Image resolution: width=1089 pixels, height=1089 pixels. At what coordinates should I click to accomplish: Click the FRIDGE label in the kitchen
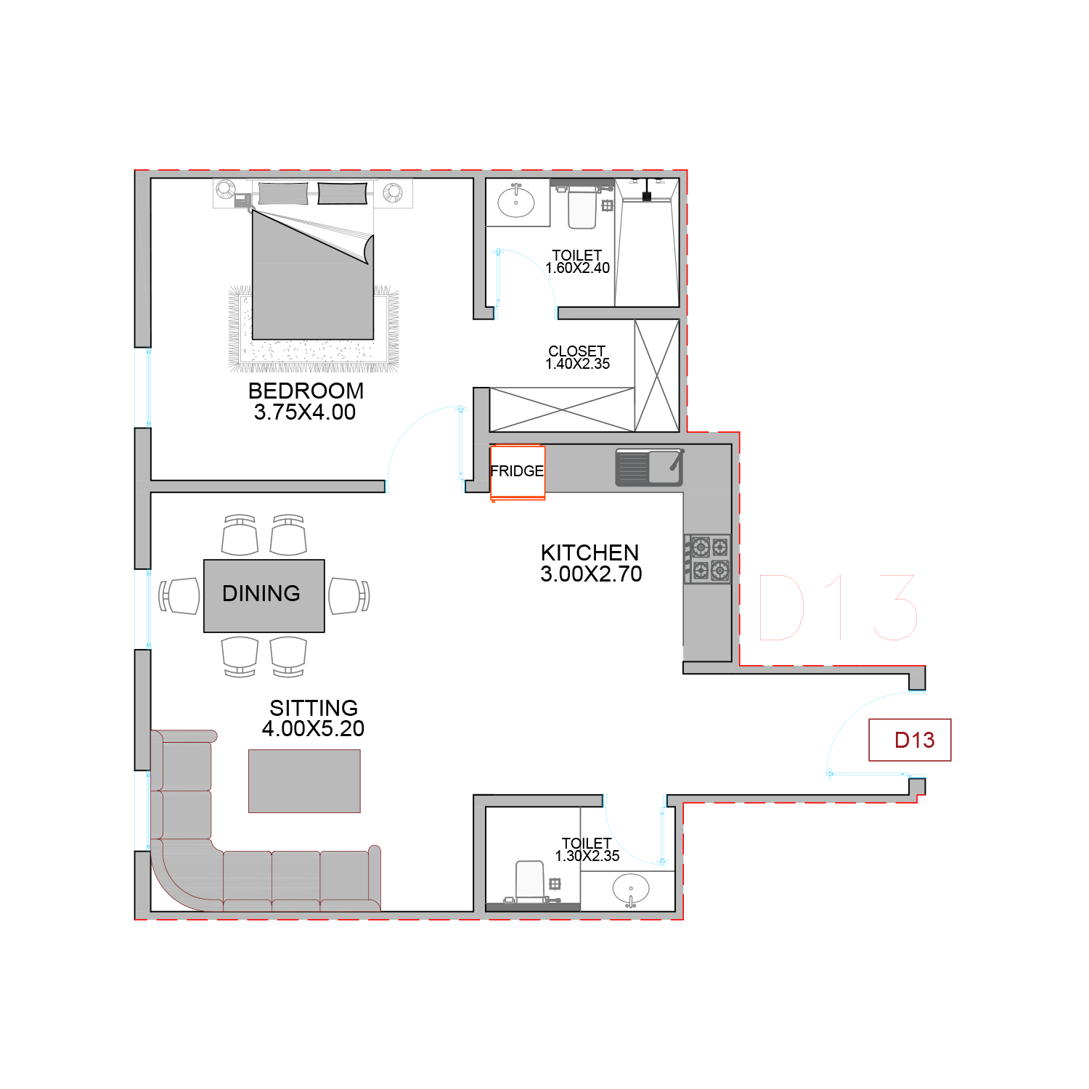(x=517, y=471)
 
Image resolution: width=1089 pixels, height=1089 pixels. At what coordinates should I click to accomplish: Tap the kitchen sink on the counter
(x=650, y=468)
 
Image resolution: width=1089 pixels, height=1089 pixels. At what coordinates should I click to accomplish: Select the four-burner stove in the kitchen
(x=707, y=559)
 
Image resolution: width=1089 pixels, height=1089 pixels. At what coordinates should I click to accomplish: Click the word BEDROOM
(x=306, y=391)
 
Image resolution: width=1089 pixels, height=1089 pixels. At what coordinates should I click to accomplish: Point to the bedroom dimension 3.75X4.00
(x=305, y=412)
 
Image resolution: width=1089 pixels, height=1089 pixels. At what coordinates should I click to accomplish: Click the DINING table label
(x=261, y=594)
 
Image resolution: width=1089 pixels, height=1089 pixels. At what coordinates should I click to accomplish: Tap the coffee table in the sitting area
(x=304, y=781)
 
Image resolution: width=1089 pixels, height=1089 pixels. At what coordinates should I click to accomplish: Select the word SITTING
(x=314, y=708)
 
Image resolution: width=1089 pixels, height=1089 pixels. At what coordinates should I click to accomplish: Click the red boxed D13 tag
(x=910, y=740)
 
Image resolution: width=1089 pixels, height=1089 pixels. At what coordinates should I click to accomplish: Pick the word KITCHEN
(x=590, y=552)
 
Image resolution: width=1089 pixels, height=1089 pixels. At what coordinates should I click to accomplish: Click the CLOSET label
(x=577, y=351)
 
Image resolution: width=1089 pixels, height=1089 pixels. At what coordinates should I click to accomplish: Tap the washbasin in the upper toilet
(x=516, y=202)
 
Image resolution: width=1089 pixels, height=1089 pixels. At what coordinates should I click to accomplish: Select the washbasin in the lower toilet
(x=631, y=890)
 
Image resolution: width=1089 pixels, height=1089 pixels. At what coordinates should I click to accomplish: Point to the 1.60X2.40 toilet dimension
(x=578, y=268)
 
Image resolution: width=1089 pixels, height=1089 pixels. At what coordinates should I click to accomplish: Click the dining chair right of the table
(x=349, y=596)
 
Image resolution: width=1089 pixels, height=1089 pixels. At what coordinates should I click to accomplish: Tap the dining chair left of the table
(x=179, y=596)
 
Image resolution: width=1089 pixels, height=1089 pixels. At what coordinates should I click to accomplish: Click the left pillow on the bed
(x=283, y=193)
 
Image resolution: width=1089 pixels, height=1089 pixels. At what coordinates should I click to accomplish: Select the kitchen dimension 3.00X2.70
(x=591, y=574)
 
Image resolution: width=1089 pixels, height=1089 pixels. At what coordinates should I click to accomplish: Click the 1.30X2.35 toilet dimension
(x=587, y=856)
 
